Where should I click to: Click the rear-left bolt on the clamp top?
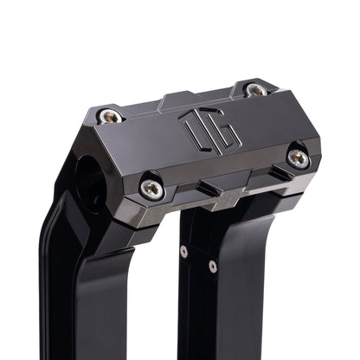(x=108, y=116)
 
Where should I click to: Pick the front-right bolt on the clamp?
(x=297, y=157)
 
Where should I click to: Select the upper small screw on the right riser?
(x=183, y=252)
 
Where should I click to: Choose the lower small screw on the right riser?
(x=213, y=267)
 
